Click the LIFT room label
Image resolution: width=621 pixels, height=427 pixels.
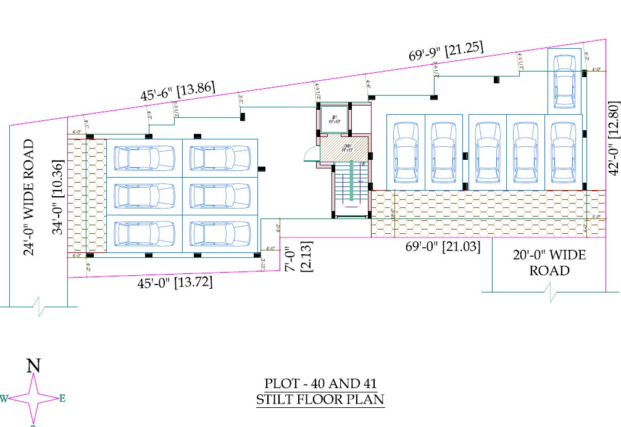tap(333, 120)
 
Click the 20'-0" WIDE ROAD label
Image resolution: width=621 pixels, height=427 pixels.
tap(549, 262)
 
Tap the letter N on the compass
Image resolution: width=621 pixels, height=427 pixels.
tap(34, 366)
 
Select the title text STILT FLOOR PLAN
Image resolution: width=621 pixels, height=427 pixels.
tap(320, 399)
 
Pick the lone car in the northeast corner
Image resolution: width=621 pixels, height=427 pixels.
tap(564, 81)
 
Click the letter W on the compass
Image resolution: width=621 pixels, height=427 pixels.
tap(4, 399)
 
